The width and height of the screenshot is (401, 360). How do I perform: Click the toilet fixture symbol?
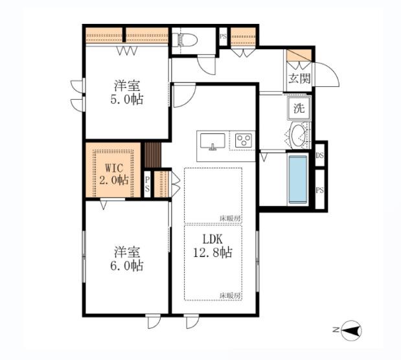(x=185, y=40)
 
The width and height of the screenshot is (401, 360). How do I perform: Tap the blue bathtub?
(x=298, y=179)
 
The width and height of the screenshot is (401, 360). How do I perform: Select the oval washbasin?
(x=298, y=135)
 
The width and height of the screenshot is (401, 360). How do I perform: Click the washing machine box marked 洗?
(x=299, y=108)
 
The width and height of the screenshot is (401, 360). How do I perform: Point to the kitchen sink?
(x=212, y=141)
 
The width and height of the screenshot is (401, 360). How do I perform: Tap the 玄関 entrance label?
(x=299, y=78)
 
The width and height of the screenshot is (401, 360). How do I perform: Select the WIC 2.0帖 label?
(x=114, y=174)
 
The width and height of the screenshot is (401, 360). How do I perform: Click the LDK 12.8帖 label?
(x=212, y=246)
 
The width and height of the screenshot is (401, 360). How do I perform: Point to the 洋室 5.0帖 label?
(x=127, y=93)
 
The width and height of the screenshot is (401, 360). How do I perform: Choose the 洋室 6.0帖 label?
(x=127, y=258)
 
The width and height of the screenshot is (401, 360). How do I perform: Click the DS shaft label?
(x=319, y=155)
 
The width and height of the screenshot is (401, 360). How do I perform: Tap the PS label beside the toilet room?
(x=223, y=36)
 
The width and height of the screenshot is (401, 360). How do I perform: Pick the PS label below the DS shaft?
(x=319, y=190)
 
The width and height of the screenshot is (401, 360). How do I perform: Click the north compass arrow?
(x=351, y=330)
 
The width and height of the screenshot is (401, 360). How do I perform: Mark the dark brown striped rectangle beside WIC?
(x=153, y=155)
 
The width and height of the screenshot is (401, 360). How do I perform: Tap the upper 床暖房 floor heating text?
(x=230, y=219)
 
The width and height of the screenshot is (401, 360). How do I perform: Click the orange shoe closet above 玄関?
(x=299, y=56)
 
